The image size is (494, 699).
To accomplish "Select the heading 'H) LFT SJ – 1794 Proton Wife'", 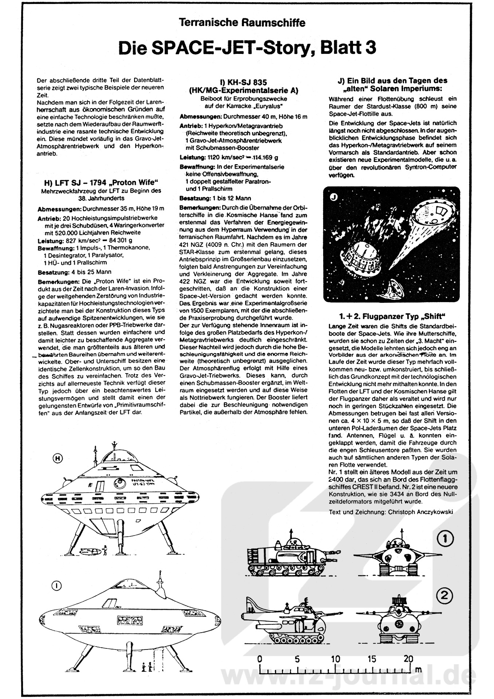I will [x=101, y=182].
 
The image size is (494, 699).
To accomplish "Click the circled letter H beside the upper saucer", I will [x=57, y=458].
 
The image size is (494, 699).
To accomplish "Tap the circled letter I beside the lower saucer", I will [x=57, y=585].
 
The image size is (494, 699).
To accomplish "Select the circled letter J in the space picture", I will [x=334, y=198].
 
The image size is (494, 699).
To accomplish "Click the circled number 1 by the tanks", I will [x=445, y=538].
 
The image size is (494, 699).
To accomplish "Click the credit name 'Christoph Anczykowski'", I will [x=420, y=512].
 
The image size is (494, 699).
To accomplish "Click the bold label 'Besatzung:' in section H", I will [x=53, y=272].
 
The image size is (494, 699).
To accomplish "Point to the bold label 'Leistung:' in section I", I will [x=192, y=158].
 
